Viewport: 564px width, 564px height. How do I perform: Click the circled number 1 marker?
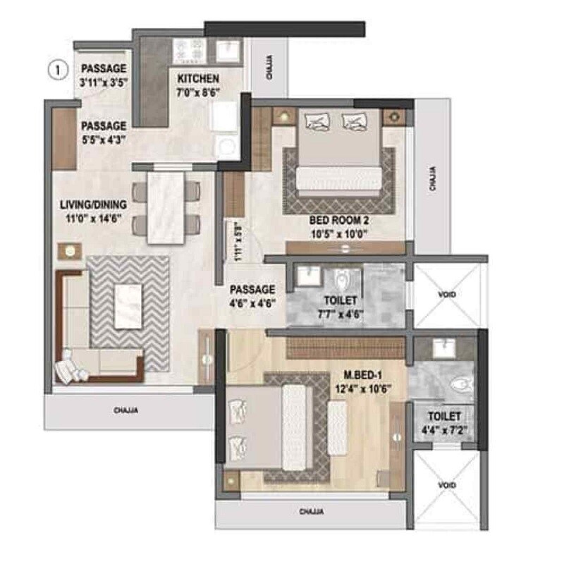click(57, 70)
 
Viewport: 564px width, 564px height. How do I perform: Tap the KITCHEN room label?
click(198, 78)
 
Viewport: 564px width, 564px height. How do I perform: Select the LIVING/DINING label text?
click(93, 204)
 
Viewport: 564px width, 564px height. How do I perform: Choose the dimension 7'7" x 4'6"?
click(340, 315)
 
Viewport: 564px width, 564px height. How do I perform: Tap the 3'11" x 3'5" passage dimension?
click(103, 82)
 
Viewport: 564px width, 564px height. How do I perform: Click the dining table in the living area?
click(166, 208)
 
